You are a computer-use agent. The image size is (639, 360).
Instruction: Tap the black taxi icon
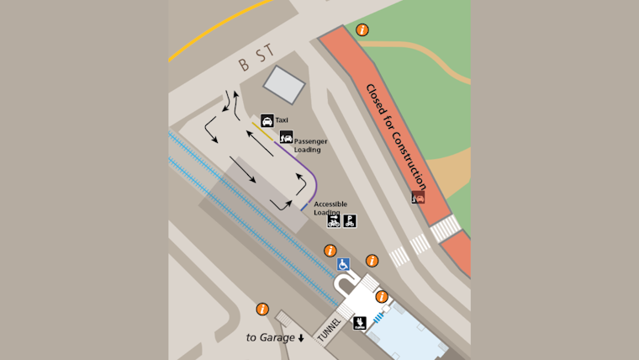point(267,121)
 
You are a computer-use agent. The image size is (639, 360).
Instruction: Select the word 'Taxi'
point(282,121)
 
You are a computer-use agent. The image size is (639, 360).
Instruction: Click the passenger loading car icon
point(286,137)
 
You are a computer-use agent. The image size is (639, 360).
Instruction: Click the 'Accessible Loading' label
point(330,208)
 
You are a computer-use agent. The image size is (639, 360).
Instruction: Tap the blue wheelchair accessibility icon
point(343,264)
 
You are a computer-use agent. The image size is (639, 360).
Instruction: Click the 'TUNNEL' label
point(329,329)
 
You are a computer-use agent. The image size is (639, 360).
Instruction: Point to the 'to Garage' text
point(270,337)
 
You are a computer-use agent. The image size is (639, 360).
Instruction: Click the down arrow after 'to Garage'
point(301,338)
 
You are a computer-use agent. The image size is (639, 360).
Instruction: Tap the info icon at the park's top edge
point(362,30)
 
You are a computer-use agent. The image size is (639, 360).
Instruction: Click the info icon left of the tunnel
point(262,310)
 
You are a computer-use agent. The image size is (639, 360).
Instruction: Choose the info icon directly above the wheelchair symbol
point(330,251)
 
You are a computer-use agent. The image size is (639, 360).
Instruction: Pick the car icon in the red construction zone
point(418,198)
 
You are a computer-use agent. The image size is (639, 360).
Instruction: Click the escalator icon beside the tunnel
point(360,322)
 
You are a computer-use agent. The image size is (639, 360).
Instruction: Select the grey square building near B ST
point(284,85)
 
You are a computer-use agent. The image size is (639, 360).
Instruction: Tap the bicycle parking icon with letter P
point(350,221)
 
